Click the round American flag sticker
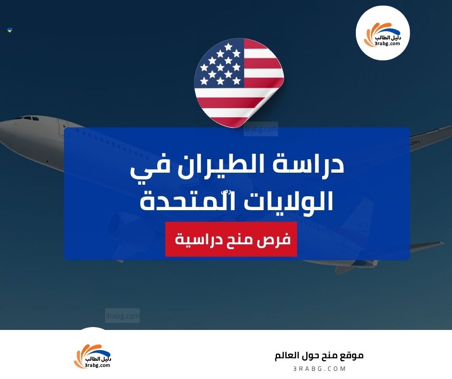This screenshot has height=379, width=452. (x=239, y=83)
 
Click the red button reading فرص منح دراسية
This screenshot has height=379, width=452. (x=231, y=239)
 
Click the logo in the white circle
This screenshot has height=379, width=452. (x=383, y=33)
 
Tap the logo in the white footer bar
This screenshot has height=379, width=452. (x=92, y=356)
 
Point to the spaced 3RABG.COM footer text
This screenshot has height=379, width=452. (x=319, y=368)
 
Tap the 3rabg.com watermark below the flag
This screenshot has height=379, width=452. (x=260, y=129)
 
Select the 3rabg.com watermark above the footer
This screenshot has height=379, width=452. (x=122, y=316)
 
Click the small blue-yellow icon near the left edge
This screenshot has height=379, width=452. (x=10, y=30)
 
